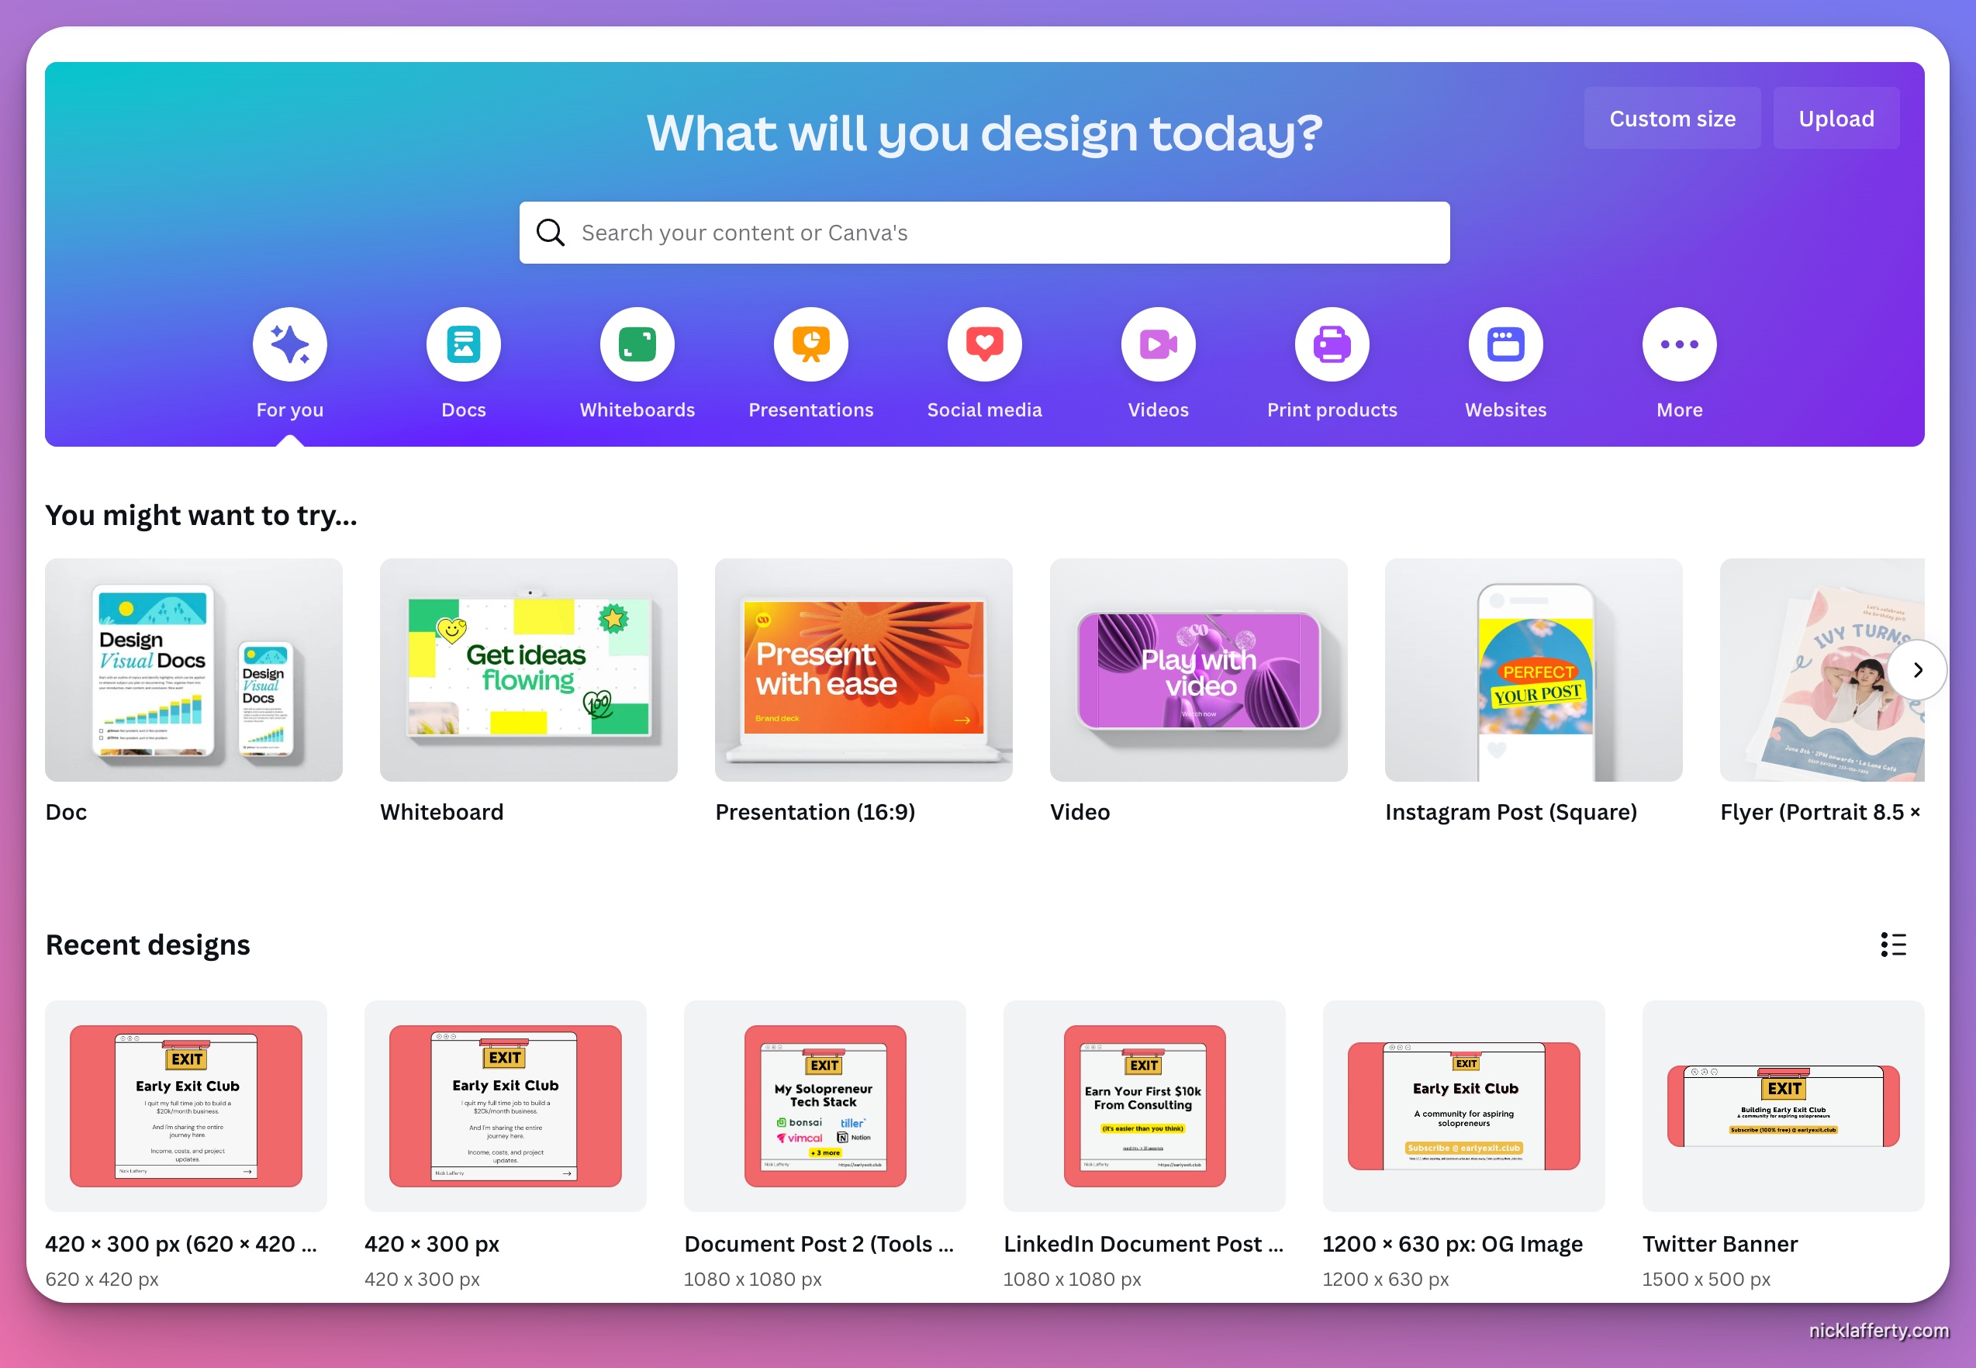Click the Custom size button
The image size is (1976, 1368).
[1672, 119]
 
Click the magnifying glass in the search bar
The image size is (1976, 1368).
[550, 233]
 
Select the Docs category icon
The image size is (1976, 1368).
[464, 344]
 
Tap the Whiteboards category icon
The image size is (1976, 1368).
[637, 344]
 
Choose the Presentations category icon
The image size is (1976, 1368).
[810, 344]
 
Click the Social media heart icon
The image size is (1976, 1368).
[985, 344]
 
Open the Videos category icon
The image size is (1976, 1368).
[1159, 344]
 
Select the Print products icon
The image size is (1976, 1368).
[1332, 344]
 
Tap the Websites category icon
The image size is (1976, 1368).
[1505, 344]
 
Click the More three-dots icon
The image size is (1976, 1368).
[1680, 344]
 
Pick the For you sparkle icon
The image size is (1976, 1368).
[289, 344]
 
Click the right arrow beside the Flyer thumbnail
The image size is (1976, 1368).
[1918, 670]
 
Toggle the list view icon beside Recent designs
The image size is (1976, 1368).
[1894, 945]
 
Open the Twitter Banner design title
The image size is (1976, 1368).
[1720, 1244]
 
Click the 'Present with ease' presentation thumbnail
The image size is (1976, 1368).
[864, 670]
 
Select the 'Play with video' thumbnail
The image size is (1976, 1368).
[1198, 670]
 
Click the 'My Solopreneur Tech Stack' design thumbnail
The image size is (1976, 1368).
[824, 1106]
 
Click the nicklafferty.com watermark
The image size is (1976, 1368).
[1878, 1330]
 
